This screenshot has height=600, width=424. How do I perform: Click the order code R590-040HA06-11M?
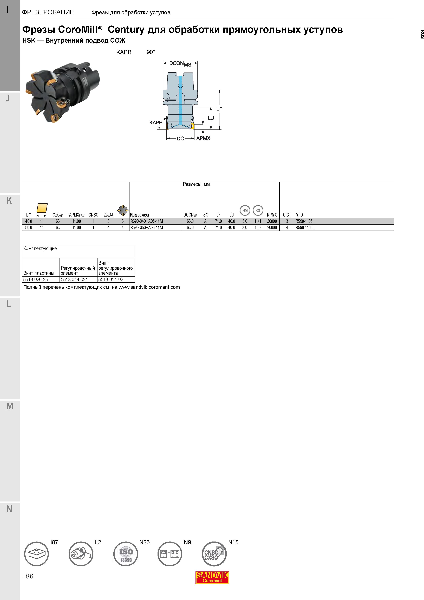point(147,221)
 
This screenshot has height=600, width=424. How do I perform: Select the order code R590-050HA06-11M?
point(147,228)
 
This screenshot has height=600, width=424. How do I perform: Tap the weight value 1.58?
point(258,228)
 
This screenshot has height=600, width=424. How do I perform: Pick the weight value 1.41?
point(258,221)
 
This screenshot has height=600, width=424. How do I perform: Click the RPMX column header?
point(272,215)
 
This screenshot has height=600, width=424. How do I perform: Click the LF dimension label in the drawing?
point(219,109)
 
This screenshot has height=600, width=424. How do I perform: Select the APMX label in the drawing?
point(203,138)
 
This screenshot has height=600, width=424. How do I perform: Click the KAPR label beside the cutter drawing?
point(156,123)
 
